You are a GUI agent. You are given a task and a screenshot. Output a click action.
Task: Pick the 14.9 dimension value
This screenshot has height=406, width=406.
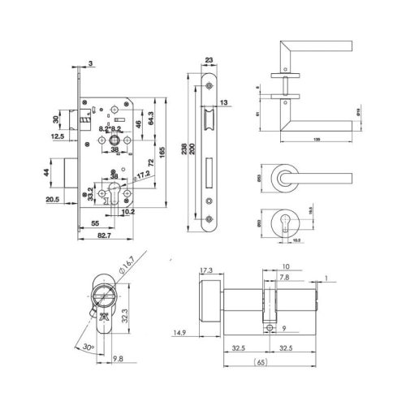point(180,331)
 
